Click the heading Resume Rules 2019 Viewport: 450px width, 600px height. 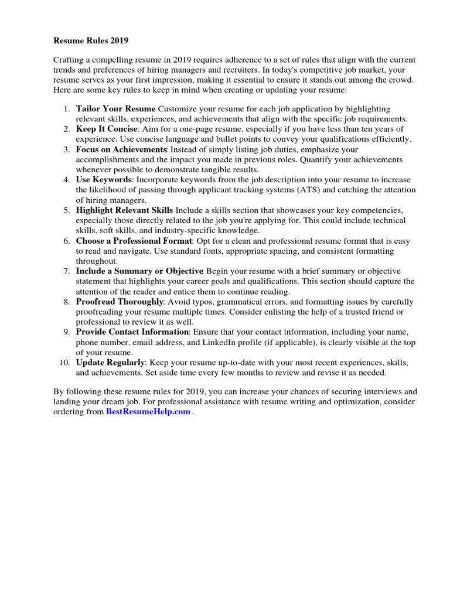[91, 41]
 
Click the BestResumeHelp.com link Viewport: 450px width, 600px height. [148, 412]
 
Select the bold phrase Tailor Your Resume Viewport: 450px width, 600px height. [115, 109]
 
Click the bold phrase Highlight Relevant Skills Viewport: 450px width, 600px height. [124, 210]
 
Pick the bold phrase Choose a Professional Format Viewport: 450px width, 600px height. [134, 241]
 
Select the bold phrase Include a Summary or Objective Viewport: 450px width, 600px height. [139, 271]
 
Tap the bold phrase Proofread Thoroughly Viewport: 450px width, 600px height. [120, 302]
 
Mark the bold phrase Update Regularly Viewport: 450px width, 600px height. [110, 363]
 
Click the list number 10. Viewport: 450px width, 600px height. [64, 363]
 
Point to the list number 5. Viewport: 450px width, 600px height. [67, 210]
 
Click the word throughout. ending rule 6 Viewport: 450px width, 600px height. [97, 261]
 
